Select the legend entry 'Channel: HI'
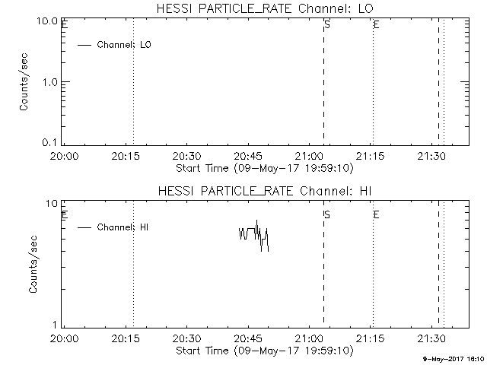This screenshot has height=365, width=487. (122, 227)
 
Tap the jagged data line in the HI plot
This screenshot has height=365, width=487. (253, 233)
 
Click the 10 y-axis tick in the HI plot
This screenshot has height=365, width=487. (54, 204)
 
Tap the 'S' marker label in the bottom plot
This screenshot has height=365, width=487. (327, 214)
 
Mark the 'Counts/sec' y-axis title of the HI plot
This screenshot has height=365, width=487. (33, 265)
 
